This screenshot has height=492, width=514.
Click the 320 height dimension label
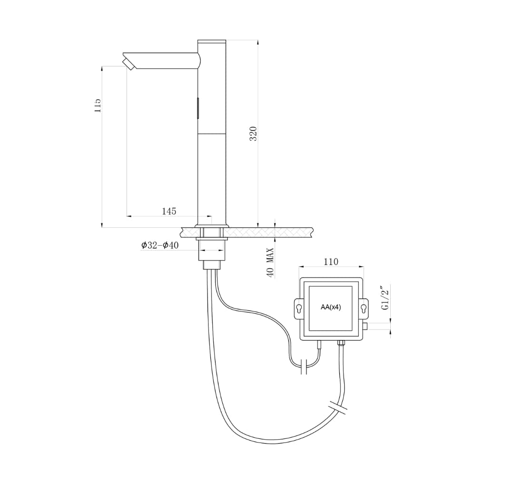point(254,134)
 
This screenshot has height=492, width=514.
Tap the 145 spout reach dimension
point(169,211)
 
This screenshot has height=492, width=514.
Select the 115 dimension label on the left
point(98,106)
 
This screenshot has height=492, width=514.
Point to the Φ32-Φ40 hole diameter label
point(160,245)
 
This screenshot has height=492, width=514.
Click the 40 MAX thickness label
point(270,262)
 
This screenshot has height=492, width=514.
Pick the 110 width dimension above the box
point(331,261)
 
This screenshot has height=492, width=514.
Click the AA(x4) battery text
point(331,308)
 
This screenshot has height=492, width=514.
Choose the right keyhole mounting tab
point(364,309)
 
